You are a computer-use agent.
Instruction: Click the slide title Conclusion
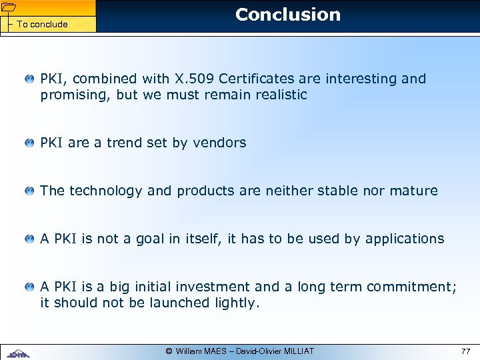(x=287, y=15)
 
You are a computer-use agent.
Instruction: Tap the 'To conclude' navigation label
(x=42, y=24)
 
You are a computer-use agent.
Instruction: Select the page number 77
(x=465, y=351)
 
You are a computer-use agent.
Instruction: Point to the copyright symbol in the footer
(x=169, y=351)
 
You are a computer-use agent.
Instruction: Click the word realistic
(x=279, y=95)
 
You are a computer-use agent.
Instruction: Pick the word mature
(x=414, y=191)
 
